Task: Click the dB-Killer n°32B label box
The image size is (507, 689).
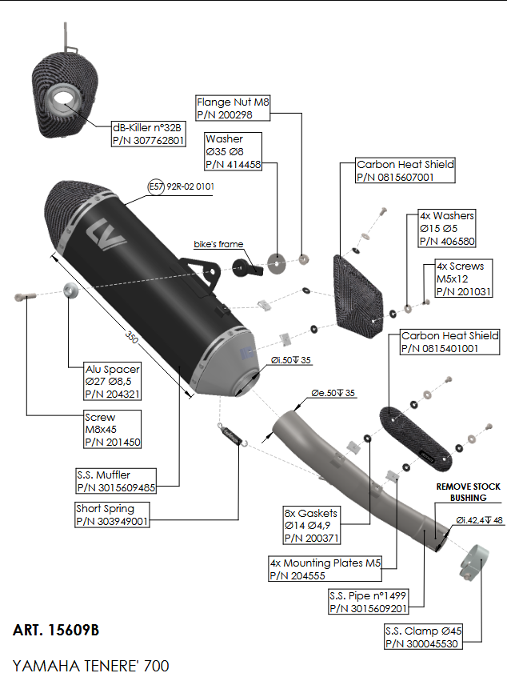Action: pos(149,134)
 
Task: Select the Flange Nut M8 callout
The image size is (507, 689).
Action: pos(234,109)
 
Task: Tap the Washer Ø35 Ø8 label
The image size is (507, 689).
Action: pos(234,152)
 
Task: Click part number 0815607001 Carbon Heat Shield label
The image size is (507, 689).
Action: pos(405,170)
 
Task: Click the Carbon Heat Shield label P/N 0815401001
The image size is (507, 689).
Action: pos(449,342)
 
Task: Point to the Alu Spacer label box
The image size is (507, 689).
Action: pos(113,382)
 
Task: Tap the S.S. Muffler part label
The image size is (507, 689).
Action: pos(117,480)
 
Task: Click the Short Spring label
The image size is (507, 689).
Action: pos(111,515)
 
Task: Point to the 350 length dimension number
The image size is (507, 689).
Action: pos(132,338)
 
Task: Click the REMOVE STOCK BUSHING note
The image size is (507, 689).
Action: pos(468,491)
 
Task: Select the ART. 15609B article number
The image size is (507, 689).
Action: pos(56,631)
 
